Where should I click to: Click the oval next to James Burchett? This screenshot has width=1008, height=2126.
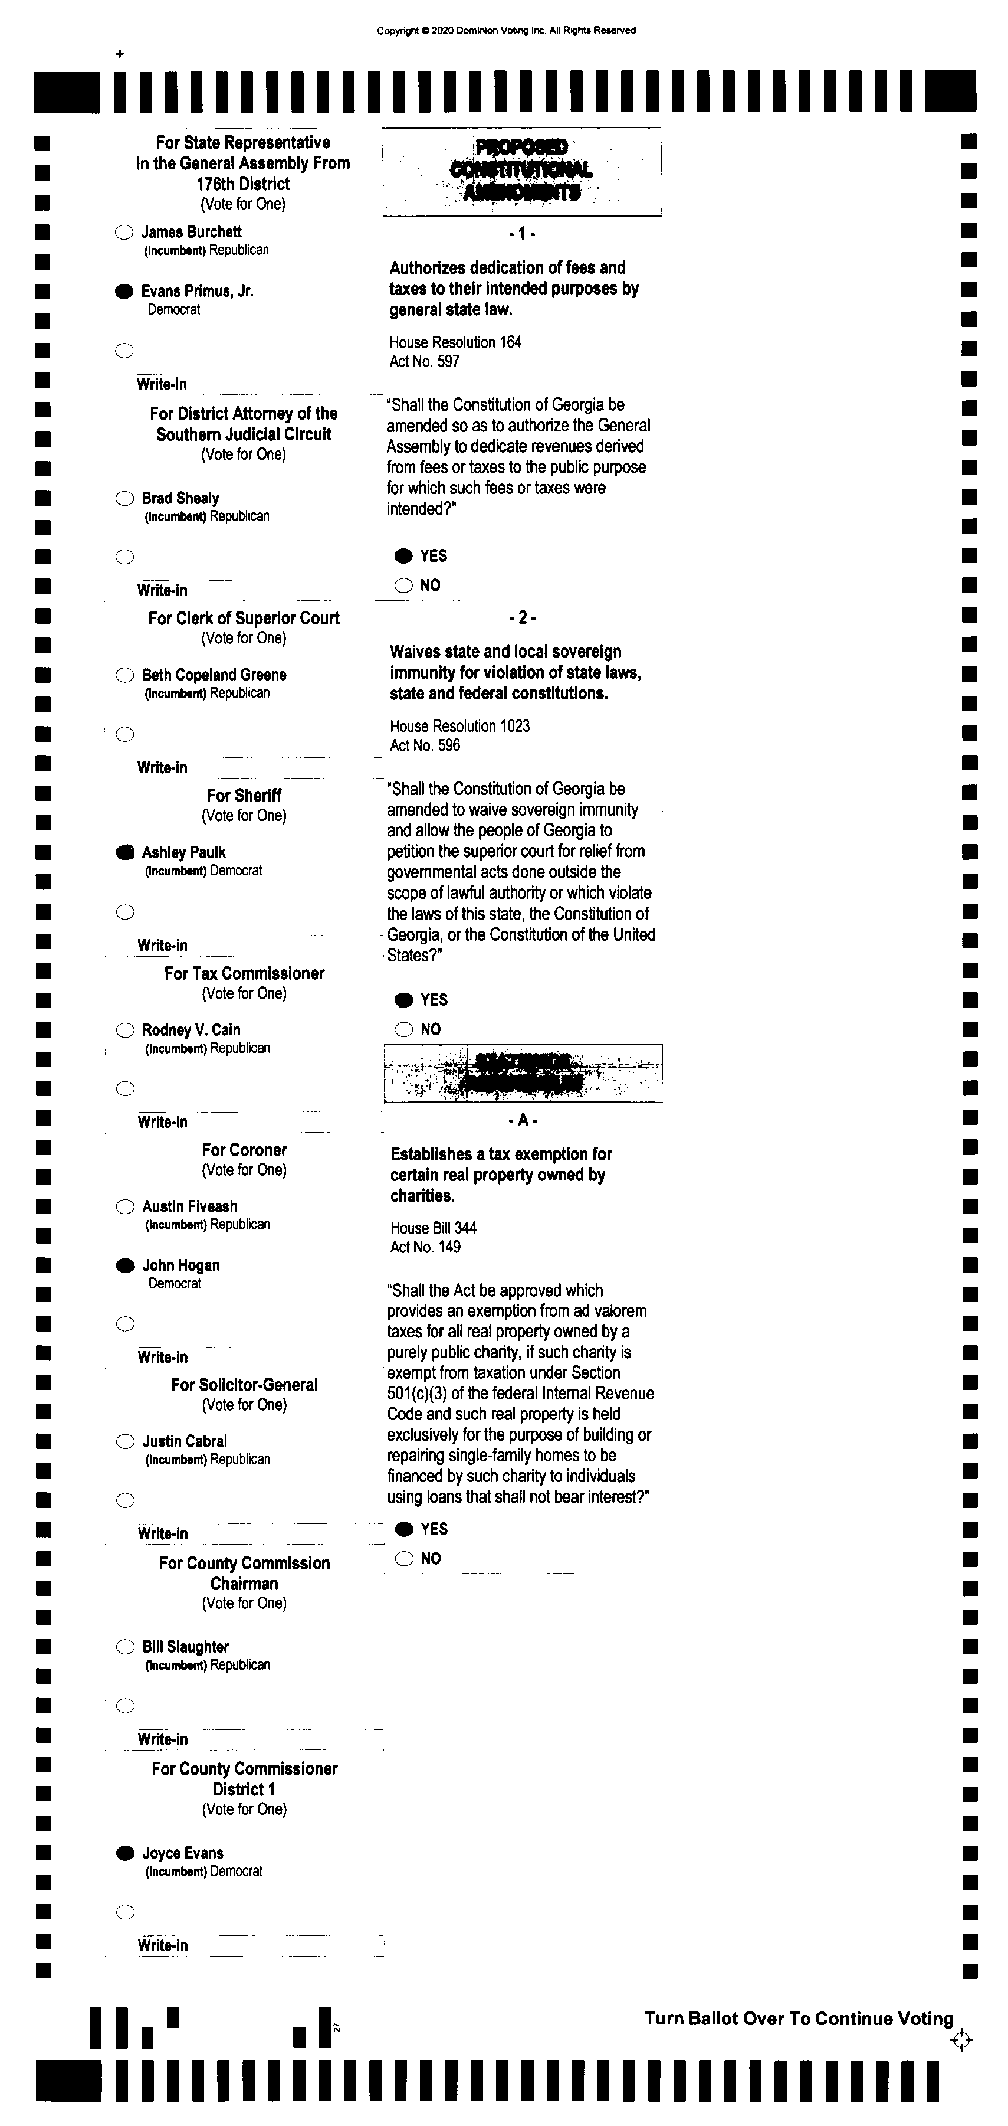pyautogui.click(x=124, y=233)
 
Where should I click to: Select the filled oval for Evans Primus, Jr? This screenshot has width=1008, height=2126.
pyautogui.click(x=124, y=292)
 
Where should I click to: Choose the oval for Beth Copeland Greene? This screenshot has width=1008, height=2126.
pyautogui.click(x=124, y=675)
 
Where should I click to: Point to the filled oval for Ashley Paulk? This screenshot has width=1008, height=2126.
pyautogui.click(x=124, y=852)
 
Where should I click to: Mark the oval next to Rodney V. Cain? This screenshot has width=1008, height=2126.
pyautogui.click(x=124, y=1030)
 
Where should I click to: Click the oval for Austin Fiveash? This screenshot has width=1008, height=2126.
pyautogui.click(x=124, y=1206)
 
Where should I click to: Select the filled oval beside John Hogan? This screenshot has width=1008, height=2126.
pyautogui.click(x=124, y=1266)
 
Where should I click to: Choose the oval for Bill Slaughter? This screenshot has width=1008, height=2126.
pyautogui.click(x=124, y=1647)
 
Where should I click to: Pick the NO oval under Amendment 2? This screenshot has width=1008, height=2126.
pyautogui.click(x=403, y=1029)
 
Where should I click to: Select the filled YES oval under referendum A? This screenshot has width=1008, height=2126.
pyautogui.click(x=403, y=1529)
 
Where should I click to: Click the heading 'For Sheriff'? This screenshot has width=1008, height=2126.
pyautogui.click(x=244, y=796)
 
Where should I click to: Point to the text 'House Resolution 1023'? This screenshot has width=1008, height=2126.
pyautogui.click(x=459, y=726)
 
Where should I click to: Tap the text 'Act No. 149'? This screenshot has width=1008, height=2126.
pyautogui.click(x=425, y=1247)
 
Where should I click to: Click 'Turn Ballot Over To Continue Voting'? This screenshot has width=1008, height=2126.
pyautogui.click(x=799, y=2019)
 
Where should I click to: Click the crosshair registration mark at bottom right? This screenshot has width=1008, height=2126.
pyautogui.click(x=961, y=2041)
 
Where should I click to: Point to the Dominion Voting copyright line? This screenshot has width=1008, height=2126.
pyautogui.click(x=505, y=31)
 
